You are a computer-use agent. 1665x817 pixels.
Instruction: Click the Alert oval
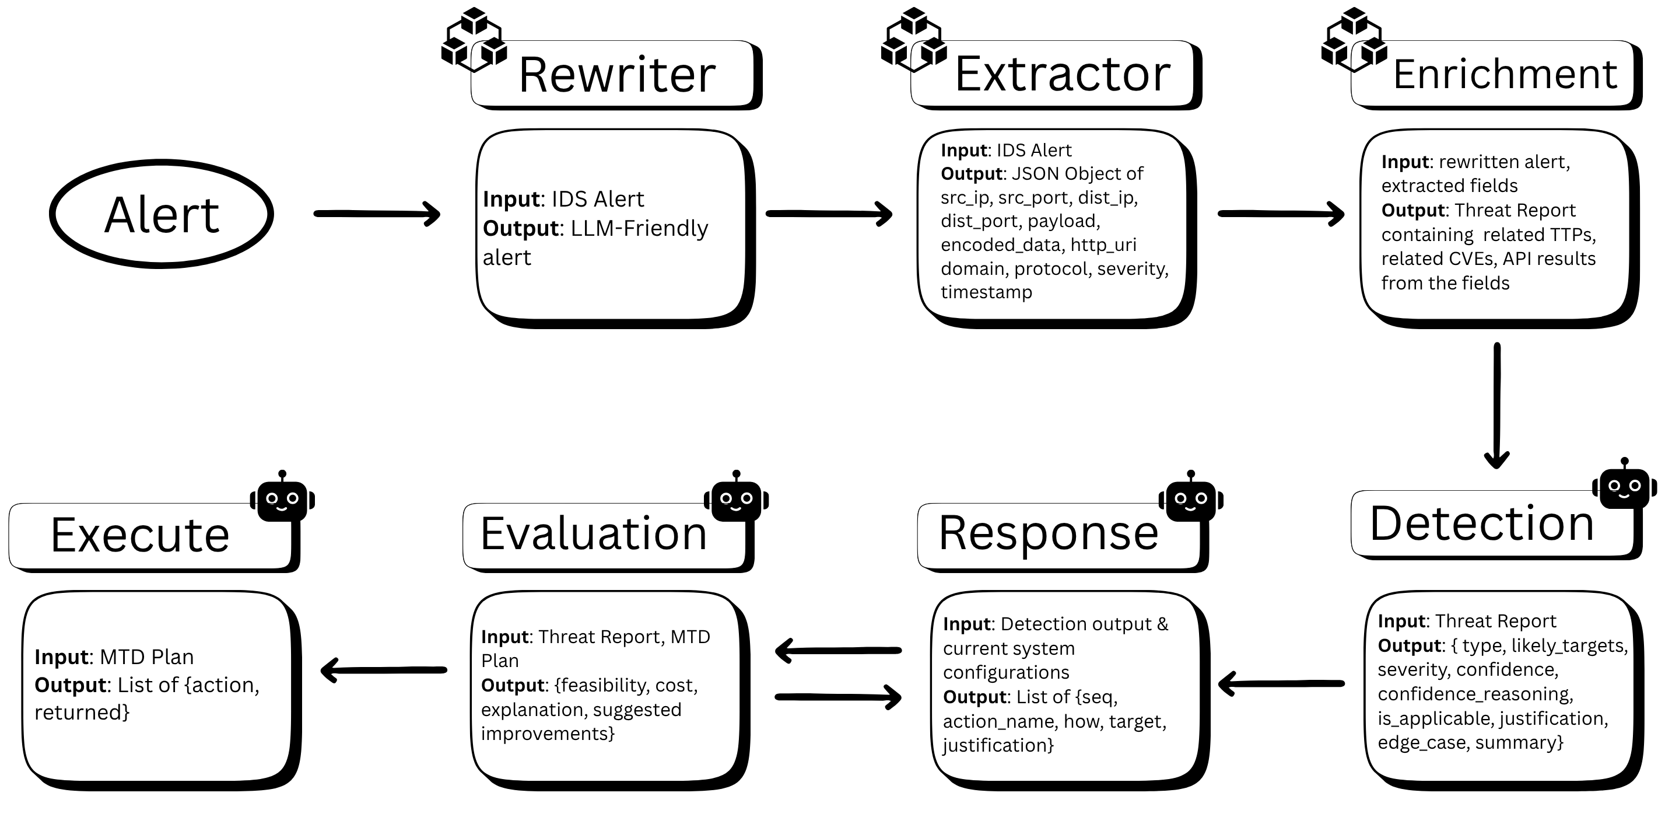click(162, 214)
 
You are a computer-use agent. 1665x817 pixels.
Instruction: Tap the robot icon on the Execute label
click(282, 498)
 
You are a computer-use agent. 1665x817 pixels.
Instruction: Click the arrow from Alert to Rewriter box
click(377, 214)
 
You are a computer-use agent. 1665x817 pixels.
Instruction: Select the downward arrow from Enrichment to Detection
click(1497, 405)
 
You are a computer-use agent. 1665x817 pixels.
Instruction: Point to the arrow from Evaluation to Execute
click(384, 670)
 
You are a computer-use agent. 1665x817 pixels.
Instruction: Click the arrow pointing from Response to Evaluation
click(837, 650)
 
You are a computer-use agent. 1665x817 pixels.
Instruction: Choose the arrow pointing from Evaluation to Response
click(837, 697)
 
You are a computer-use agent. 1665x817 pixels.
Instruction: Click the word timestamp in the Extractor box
click(986, 292)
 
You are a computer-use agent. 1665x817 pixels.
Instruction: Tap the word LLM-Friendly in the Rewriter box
click(639, 228)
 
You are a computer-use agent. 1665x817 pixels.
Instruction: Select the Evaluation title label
click(593, 535)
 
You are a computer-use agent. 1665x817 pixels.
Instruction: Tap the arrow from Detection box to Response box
click(1281, 683)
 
